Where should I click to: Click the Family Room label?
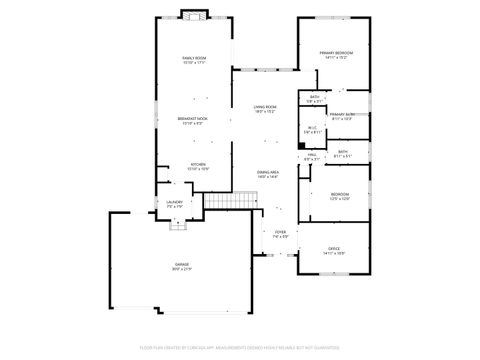pyautogui.click(x=194, y=59)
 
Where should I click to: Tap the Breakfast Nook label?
pyautogui.click(x=192, y=119)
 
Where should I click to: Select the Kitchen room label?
pyautogui.click(x=198, y=164)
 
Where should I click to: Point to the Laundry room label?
pyautogui.click(x=174, y=202)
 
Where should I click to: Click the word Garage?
pyautogui.click(x=180, y=265)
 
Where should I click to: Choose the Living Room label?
pyautogui.click(x=264, y=106)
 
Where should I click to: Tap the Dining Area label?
pyautogui.click(x=267, y=172)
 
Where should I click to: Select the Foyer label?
pyautogui.click(x=281, y=232)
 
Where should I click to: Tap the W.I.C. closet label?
pyautogui.click(x=312, y=127)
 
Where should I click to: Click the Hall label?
pyautogui.click(x=311, y=155)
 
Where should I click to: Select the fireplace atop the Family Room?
pyautogui.click(x=193, y=15)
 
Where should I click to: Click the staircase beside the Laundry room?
pyautogui.click(x=227, y=202)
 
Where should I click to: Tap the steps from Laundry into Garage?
pyautogui.click(x=179, y=225)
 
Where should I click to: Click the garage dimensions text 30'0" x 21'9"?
pyautogui.click(x=180, y=271)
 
